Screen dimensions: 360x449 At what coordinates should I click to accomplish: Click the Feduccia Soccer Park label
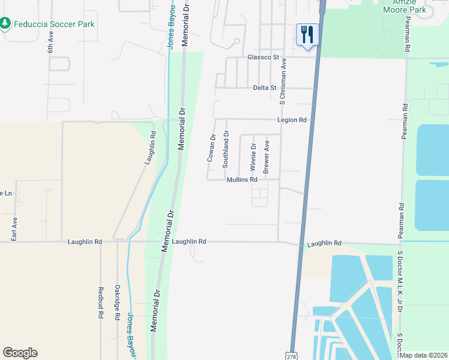point(54,23)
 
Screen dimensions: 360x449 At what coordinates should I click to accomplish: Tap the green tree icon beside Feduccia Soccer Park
point(5,23)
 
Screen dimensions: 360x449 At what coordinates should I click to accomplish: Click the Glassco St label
point(264,58)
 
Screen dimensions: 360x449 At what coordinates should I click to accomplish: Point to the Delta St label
point(264,88)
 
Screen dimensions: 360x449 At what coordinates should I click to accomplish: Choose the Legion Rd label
point(292,120)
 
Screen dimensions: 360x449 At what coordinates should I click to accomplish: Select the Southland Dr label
point(226,149)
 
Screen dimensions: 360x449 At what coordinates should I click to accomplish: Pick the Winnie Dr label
point(253,154)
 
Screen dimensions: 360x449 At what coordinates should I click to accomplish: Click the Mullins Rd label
point(242,179)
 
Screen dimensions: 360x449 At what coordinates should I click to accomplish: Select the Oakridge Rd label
point(118,302)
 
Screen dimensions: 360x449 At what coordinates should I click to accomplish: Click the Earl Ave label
point(14,229)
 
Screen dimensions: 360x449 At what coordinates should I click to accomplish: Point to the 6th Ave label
point(51,43)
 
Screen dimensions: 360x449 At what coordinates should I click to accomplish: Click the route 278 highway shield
point(291,356)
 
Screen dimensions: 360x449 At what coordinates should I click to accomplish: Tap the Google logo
point(20,353)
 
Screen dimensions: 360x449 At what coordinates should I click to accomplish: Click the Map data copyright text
point(424,355)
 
